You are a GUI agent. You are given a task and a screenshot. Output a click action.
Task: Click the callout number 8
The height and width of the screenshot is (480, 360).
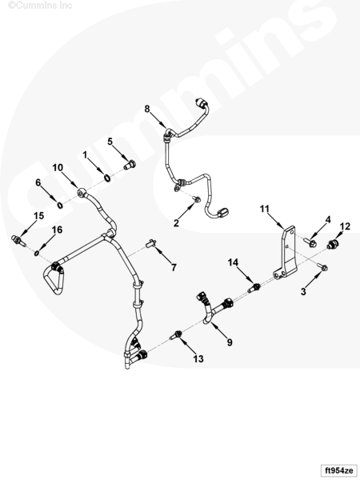pyautogui.click(x=147, y=109)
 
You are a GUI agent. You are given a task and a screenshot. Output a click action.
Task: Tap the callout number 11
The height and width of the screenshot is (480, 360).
pyautogui.click(x=265, y=209)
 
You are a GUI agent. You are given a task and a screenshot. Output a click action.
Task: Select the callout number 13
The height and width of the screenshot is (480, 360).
pyautogui.click(x=198, y=358)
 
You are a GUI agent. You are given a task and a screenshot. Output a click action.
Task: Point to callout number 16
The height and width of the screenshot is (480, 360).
pyautogui.click(x=58, y=230)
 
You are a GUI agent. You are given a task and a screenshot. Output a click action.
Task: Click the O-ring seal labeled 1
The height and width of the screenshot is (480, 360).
pyautogui.click(x=107, y=178)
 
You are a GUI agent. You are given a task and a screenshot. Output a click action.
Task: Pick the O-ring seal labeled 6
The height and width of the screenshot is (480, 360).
pyautogui.click(x=60, y=205)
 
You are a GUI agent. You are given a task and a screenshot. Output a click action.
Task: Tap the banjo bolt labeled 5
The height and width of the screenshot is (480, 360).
pyautogui.click(x=130, y=165)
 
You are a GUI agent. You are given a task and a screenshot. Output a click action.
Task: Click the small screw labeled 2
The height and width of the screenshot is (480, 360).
pyautogui.click(x=197, y=199)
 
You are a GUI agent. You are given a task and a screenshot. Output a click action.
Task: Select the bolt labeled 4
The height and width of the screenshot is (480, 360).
pyautogui.click(x=310, y=243)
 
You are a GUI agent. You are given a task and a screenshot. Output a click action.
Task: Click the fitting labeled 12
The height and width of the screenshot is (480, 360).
pyautogui.click(x=331, y=244)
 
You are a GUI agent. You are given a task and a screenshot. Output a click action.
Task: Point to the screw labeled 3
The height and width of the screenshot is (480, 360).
pyautogui.click(x=322, y=267)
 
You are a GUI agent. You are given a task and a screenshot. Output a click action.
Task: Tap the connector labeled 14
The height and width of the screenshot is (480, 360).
pyautogui.click(x=255, y=288)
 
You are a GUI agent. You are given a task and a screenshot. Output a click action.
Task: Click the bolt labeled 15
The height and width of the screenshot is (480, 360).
pyautogui.click(x=18, y=240)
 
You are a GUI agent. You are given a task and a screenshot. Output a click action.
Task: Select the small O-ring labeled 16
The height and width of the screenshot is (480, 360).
pyautogui.click(x=37, y=253)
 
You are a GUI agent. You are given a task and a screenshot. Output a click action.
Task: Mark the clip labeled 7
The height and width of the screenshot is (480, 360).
pyautogui.click(x=151, y=243)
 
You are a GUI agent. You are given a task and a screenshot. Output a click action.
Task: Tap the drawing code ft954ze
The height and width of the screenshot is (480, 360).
pyautogui.click(x=338, y=470)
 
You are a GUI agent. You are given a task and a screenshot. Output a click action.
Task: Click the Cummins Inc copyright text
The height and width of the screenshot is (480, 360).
pyautogui.click(x=40, y=5)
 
